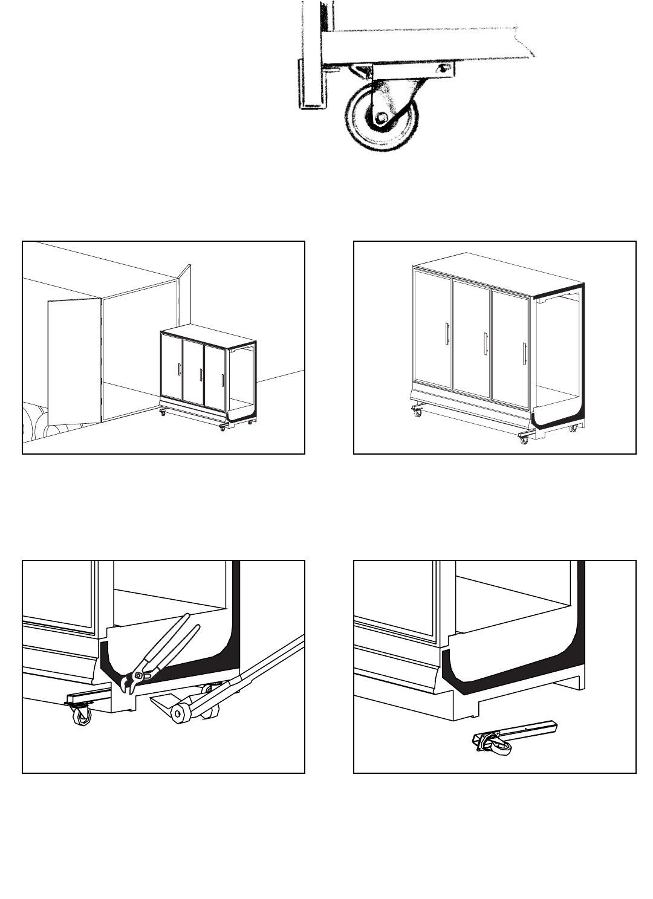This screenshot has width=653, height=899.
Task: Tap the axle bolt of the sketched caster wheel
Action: coord(380,118)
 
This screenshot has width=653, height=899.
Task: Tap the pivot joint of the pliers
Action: coord(139,675)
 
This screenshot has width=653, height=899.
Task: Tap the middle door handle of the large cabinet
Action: coord(485,344)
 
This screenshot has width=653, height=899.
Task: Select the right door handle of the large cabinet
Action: coord(524,354)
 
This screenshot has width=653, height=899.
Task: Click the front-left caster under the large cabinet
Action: coord(417,412)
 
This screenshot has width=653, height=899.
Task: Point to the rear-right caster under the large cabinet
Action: coord(573,428)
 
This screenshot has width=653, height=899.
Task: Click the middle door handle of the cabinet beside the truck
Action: coord(201,374)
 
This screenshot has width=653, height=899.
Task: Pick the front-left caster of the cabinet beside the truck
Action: coord(162,412)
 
